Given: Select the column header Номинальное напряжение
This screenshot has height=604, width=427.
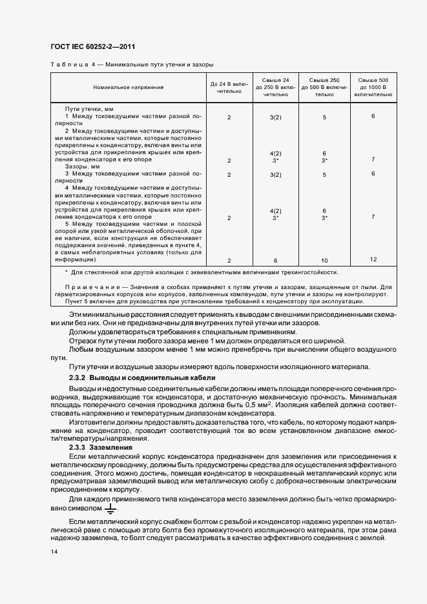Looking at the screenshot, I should (128, 86).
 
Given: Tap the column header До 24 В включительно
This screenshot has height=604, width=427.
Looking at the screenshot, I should (229, 87).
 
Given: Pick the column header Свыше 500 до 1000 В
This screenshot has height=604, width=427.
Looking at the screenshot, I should (373, 86).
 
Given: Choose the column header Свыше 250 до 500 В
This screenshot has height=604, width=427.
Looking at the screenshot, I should (324, 86).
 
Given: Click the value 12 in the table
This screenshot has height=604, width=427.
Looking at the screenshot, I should (373, 259).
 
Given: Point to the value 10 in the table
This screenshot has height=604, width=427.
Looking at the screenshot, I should (324, 260).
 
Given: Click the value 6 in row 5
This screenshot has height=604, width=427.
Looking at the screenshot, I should (275, 260).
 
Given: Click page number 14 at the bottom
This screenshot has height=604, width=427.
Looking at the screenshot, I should (52, 552).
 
